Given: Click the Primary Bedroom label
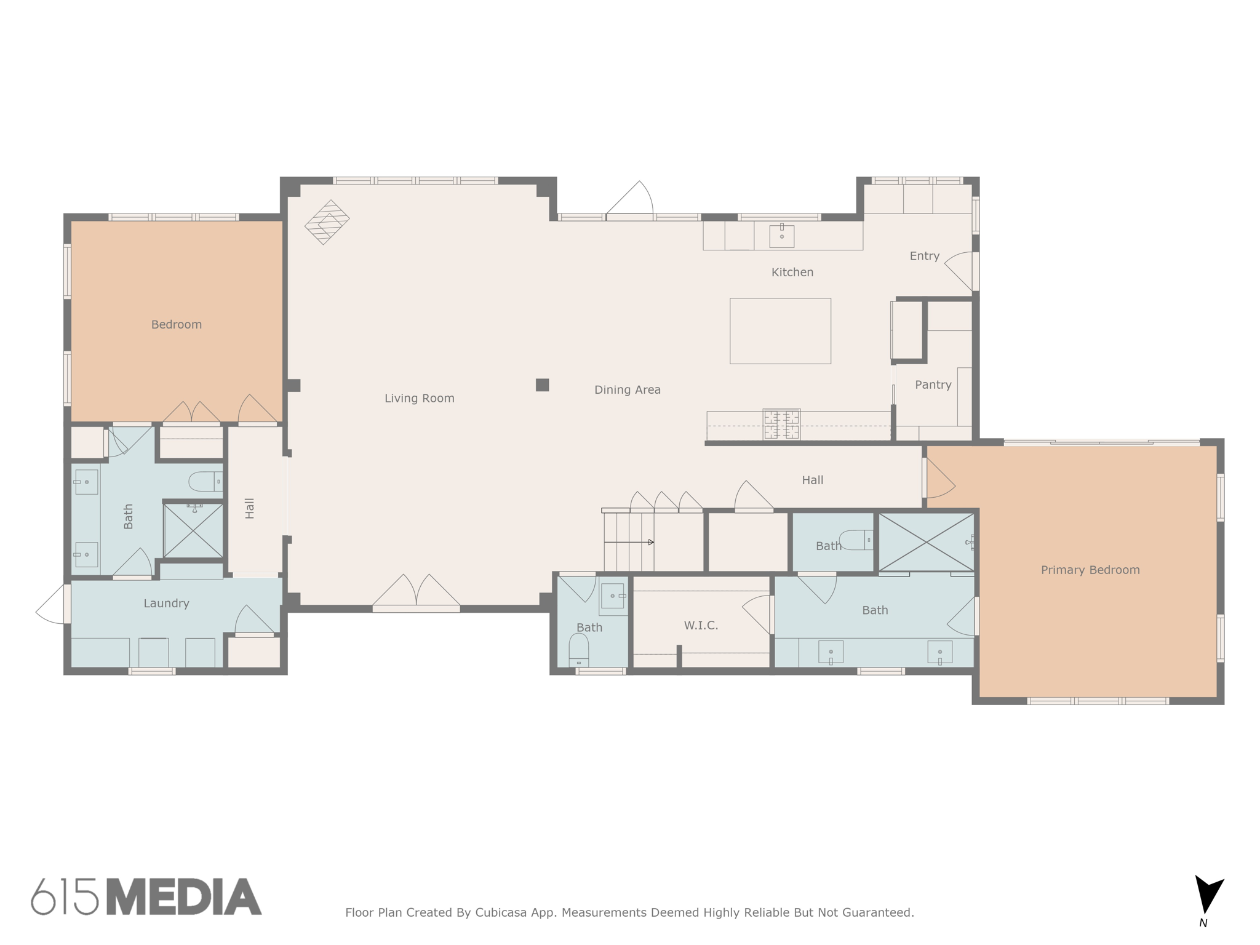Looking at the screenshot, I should (1090, 570).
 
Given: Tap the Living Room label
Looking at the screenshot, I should (419, 398).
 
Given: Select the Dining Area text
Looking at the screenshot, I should (627, 389).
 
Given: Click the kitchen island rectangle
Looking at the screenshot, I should (780, 331).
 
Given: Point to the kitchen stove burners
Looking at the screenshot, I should (781, 424).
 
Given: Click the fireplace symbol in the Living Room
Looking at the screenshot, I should (327, 222).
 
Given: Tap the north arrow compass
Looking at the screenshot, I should (1208, 896).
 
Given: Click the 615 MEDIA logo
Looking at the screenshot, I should (146, 897).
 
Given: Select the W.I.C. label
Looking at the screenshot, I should (701, 625).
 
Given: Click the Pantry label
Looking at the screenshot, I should (933, 385).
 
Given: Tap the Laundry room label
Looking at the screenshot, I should (166, 603).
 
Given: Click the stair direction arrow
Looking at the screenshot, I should (650, 542).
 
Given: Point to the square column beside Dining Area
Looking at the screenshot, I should (542, 385).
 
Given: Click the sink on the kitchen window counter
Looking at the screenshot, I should (781, 236).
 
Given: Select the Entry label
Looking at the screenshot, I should (924, 256).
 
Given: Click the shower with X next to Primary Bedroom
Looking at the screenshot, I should (925, 542).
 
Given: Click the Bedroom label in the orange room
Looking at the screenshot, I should (176, 324).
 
